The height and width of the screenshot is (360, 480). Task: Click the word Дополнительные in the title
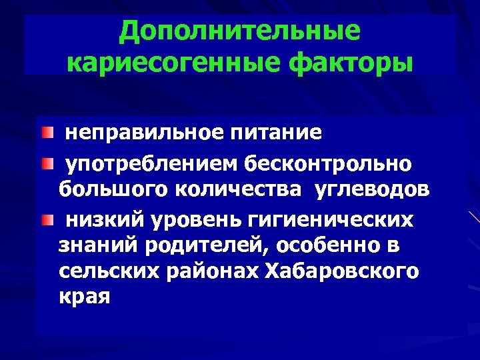[240, 31]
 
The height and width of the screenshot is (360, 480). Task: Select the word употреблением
[152, 162]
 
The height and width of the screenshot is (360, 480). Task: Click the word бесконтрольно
[329, 162]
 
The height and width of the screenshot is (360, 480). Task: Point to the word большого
[113, 190]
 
